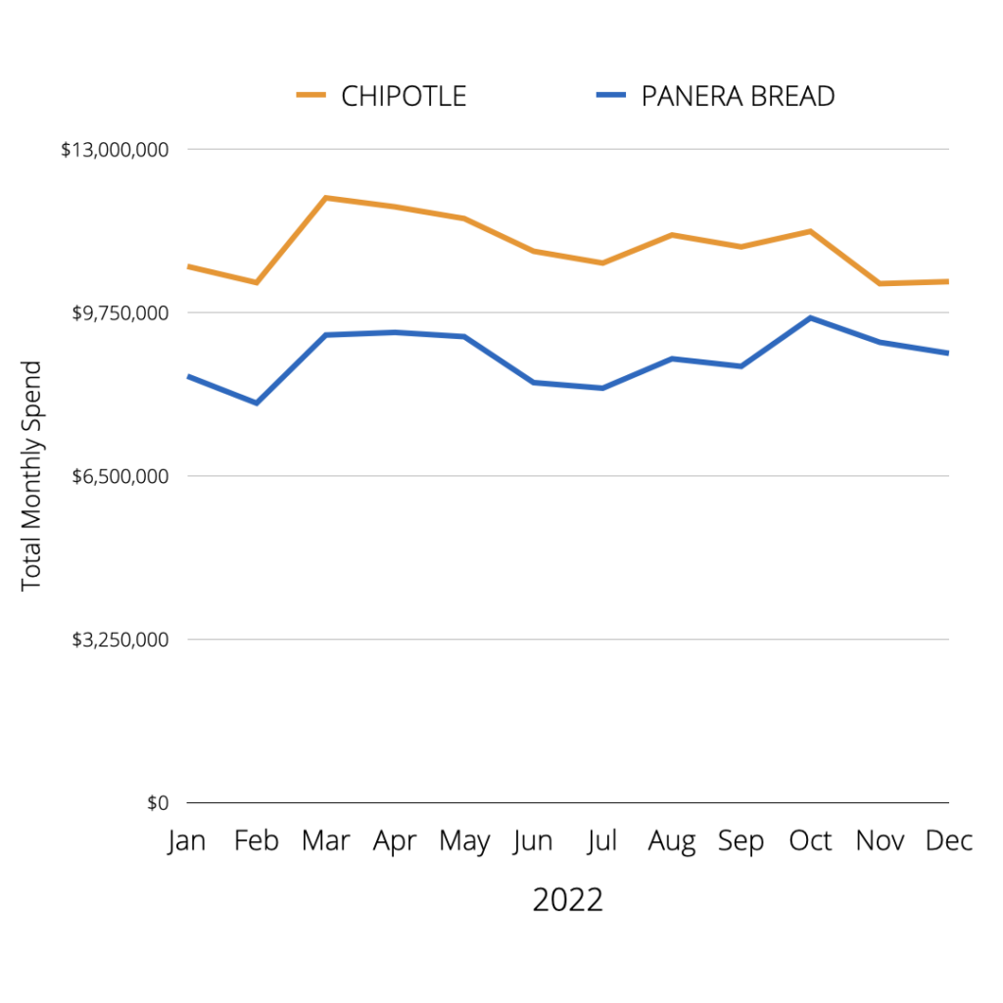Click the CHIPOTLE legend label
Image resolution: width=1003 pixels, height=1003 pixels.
pyautogui.click(x=404, y=96)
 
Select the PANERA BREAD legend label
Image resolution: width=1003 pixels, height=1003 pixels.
pyautogui.click(x=738, y=96)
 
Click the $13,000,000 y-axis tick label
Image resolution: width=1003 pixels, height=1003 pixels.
pyautogui.click(x=115, y=150)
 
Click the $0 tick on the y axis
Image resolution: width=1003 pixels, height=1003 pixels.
pyautogui.click(x=158, y=803)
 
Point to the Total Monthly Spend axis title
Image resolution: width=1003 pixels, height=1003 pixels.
pyautogui.click(x=32, y=476)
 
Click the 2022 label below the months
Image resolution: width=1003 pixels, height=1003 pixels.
pyautogui.click(x=567, y=899)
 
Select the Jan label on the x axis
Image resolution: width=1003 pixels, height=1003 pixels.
pyautogui.click(x=186, y=840)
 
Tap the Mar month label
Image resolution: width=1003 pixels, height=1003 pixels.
pyautogui.click(x=325, y=840)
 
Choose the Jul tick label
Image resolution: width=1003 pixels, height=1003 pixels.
pyautogui.click(x=602, y=840)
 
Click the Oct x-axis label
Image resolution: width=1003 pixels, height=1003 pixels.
pyautogui.click(x=810, y=840)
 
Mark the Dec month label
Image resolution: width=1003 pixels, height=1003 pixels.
pyautogui.click(x=948, y=840)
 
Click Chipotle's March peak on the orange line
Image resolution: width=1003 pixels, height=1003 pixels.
pyautogui.click(x=325, y=198)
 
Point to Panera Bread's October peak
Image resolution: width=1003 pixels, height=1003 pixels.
pyautogui.click(x=810, y=317)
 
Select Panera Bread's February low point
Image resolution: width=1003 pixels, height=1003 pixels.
pyautogui.click(x=257, y=403)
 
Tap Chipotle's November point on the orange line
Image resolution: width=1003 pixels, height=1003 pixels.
pyautogui.click(x=880, y=283)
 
